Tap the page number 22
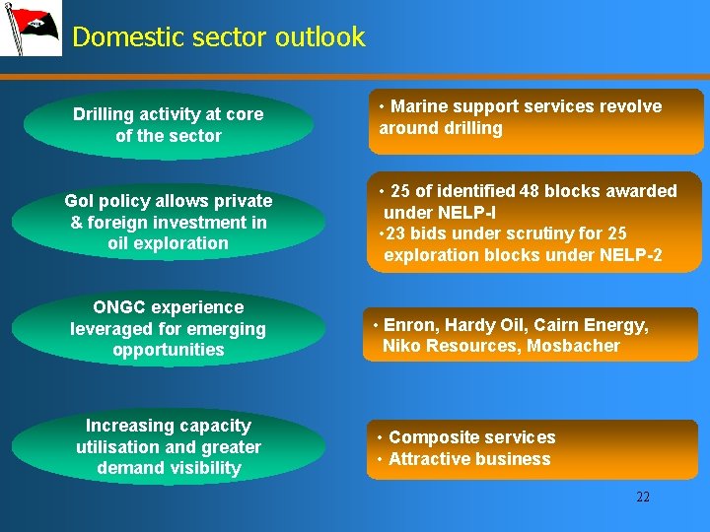coord(643,497)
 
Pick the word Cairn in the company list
coord(558,325)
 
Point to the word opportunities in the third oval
coord(169,350)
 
